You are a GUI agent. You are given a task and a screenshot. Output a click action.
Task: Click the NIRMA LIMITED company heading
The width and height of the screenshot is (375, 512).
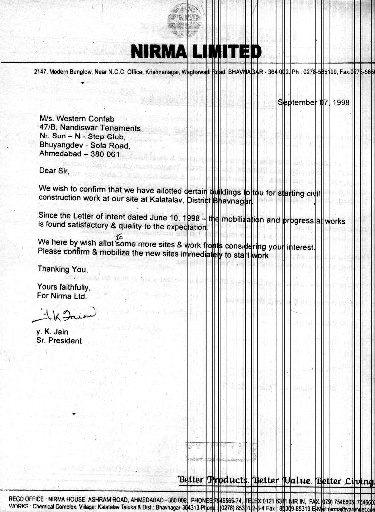click(x=196, y=52)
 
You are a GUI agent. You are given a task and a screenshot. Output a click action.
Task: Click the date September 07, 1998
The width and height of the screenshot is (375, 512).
click(x=313, y=103)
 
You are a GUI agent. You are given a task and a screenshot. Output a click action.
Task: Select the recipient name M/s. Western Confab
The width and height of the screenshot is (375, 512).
click(x=77, y=119)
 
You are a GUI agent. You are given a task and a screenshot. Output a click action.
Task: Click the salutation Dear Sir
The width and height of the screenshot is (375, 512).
click(x=54, y=171)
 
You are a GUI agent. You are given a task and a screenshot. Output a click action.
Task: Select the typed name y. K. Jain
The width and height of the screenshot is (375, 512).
click(x=52, y=332)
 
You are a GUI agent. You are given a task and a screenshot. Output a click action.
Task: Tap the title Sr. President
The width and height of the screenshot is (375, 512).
click(x=59, y=341)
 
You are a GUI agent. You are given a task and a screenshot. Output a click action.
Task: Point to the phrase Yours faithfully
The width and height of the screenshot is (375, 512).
click(x=64, y=287)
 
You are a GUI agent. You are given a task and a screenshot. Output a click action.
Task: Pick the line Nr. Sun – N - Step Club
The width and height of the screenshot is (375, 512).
click(x=83, y=136)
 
